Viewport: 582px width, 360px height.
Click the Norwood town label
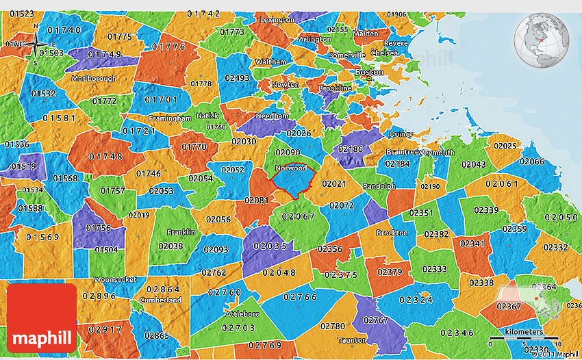290,168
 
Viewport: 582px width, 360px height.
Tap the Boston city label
368,72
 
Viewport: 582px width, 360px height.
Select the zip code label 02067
298,217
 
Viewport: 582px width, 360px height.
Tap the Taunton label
352,339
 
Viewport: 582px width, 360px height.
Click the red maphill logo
42,318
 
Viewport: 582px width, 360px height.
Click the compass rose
36,42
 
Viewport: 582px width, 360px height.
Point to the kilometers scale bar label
524,332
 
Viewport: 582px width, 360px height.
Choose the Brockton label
392,233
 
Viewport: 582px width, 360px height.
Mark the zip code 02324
416,299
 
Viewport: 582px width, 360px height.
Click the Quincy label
401,134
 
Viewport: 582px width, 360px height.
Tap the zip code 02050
563,217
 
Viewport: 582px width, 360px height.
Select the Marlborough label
94,79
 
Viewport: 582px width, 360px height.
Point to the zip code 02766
300,296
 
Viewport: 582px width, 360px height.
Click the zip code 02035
270,246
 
